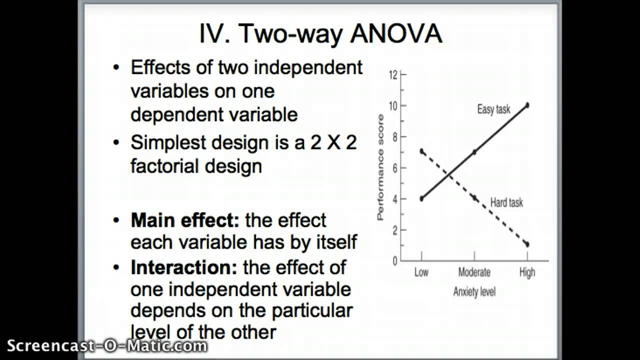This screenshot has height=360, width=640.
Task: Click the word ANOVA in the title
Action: (395, 34)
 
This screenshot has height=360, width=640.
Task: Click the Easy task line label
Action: (493, 109)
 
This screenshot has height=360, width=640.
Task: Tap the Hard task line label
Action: (506, 202)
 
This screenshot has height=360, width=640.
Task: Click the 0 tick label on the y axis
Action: (394, 261)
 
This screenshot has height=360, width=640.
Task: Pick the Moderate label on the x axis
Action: (474, 272)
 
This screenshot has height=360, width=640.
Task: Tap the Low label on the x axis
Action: (421, 272)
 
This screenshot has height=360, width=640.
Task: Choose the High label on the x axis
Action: (527, 272)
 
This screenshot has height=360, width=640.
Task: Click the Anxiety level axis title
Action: (474, 292)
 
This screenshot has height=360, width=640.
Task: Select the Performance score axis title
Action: (381, 167)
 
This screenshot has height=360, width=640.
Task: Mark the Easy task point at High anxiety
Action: (527, 105)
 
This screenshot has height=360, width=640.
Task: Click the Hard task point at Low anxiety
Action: (421, 151)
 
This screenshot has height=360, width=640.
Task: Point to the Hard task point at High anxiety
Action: (527, 244)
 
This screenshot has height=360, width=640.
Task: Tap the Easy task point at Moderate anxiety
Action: (474, 152)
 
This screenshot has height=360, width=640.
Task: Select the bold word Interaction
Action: (183, 267)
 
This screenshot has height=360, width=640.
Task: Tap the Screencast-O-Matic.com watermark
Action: (107, 345)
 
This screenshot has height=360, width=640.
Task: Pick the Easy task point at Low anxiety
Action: (421, 198)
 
